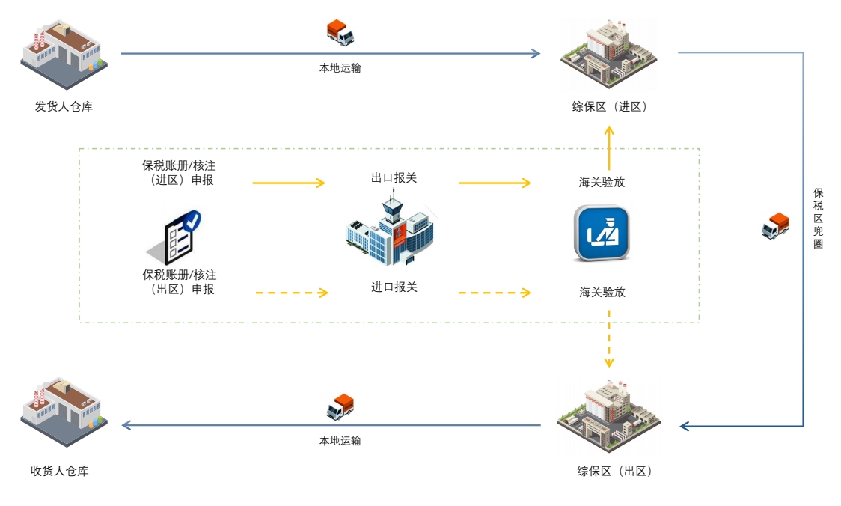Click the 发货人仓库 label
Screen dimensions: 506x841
coord(64,106)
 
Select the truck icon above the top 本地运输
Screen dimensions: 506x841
coord(340,32)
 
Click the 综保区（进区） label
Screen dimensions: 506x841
coord(609,106)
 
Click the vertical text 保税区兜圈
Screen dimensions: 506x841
coord(818,218)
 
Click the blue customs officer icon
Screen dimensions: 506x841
coord(602,234)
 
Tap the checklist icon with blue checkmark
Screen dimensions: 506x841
coord(177,236)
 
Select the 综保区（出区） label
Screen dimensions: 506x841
coord(614,471)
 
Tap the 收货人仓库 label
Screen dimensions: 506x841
coord(60,471)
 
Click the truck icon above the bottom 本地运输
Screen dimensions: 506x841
coord(340,406)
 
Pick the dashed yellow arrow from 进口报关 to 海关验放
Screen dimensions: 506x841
coord(495,292)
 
